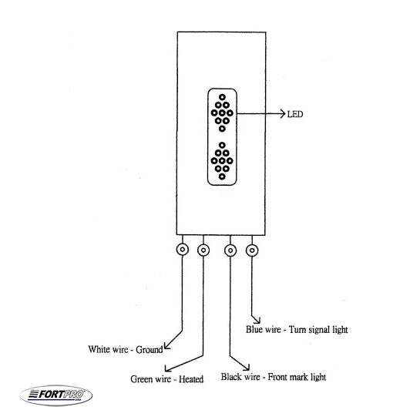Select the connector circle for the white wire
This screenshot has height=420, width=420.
[x=183, y=250]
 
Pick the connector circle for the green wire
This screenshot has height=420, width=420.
[x=204, y=250]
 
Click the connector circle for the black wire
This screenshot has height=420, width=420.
[x=230, y=250]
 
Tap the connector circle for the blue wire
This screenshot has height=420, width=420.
[x=251, y=250]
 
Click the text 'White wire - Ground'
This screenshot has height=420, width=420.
[x=126, y=349]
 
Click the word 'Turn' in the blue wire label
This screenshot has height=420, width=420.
[x=296, y=329]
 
